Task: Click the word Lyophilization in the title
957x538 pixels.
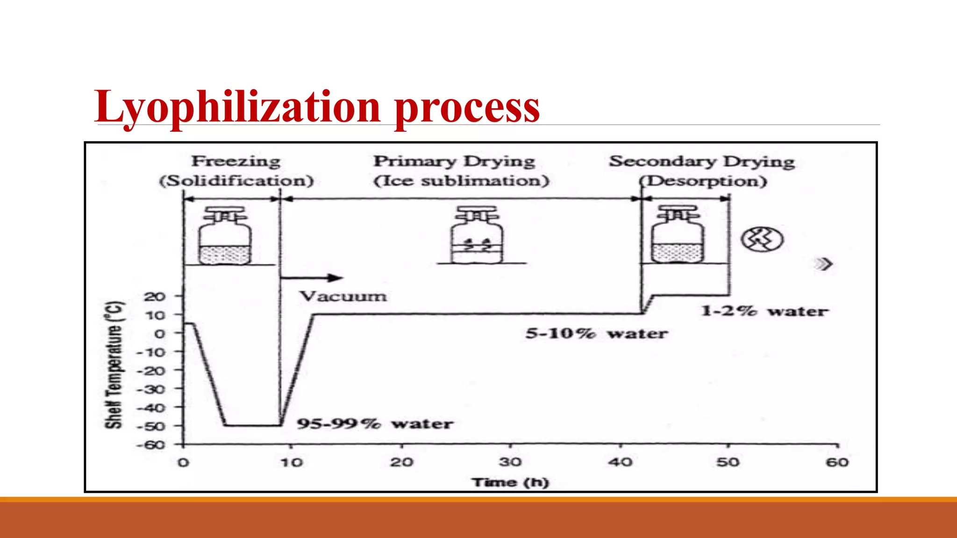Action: (237, 107)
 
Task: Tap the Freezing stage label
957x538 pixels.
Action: (236, 162)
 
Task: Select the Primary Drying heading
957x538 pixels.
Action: (454, 162)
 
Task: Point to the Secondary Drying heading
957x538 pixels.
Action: (702, 162)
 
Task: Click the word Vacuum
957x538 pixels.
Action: (343, 296)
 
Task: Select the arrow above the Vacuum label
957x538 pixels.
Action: (312, 278)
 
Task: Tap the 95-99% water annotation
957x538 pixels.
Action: (375, 424)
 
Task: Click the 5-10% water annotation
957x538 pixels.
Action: (597, 333)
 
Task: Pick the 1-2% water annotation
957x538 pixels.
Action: (764, 311)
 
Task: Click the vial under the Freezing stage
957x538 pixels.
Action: (225, 236)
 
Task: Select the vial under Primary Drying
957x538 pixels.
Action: (477, 236)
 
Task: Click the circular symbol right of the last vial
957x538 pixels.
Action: (762, 240)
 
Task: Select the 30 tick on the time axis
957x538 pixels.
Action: (510, 462)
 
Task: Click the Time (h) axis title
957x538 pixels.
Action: (510, 482)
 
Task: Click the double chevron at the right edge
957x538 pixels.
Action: (824, 264)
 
